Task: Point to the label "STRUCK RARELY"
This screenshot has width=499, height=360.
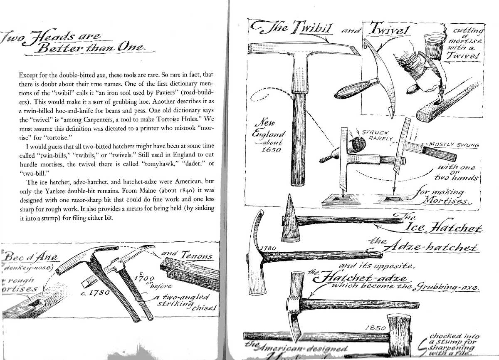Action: pyautogui.click(x=377, y=136)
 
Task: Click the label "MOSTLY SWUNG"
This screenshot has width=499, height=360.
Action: pyautogui.click(x=453, y=145)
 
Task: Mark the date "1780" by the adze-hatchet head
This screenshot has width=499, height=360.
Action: pyautogui.click(x=268, y=248)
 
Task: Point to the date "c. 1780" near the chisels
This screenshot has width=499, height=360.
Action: pyautogui.click(x=95, y=293)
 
